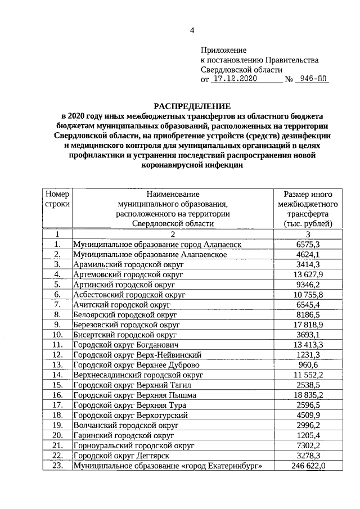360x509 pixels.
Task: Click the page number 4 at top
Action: pos(191,30)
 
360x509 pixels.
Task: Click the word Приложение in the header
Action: pos(224,50)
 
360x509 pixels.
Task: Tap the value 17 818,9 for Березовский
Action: pos(308,325)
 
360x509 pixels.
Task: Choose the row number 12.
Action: pos(57,355)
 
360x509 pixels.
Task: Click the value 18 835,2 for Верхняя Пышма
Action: pos(308,395)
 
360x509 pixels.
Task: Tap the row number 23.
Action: pos(57,466)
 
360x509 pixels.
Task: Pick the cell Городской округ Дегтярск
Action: pos(116,456)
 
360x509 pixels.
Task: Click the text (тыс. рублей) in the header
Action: pos(308,224)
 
